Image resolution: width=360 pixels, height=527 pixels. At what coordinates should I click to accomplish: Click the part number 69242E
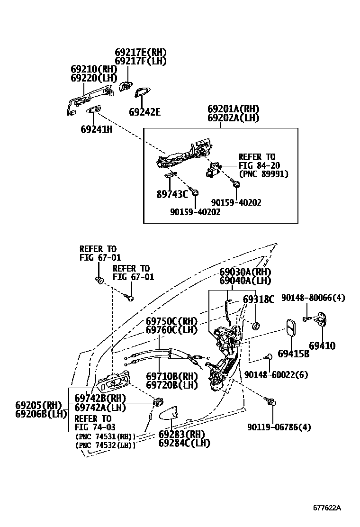144,112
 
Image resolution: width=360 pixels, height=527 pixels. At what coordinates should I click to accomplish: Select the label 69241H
96,128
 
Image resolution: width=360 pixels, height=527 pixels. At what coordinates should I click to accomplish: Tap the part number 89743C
172,194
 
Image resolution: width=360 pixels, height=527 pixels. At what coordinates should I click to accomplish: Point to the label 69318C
259,299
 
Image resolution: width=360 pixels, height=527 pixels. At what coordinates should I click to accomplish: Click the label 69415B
293,354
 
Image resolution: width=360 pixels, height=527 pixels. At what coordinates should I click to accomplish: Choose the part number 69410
322,346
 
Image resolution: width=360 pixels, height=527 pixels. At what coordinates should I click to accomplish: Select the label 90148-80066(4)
313,298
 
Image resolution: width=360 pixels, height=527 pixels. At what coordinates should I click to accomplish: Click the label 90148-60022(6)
276,375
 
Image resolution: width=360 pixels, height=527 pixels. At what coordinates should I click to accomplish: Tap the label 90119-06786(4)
279,427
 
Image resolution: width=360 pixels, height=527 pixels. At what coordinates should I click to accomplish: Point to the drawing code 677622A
326,508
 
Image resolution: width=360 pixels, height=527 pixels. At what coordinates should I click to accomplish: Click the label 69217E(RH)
141,53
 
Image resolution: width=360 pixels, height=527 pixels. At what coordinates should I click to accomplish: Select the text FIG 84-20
259,165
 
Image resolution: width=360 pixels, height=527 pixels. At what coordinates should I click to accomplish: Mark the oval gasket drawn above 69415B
291,328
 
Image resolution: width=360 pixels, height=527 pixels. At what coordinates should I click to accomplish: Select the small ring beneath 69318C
255,326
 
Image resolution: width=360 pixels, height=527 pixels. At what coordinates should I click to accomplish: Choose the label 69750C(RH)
171,320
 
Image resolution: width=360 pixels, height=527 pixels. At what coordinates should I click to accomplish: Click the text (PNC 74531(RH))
105,436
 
